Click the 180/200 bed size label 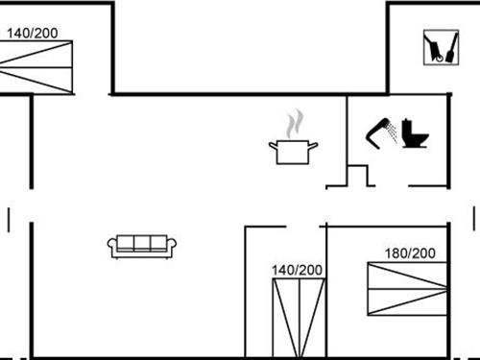410,253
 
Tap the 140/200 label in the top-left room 33,33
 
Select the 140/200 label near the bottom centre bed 298,270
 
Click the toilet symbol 416,133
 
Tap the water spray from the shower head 391,134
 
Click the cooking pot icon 292,152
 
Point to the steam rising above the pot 295,123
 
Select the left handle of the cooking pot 273,145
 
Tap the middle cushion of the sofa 143,243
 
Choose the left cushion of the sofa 125,243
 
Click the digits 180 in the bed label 396,253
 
